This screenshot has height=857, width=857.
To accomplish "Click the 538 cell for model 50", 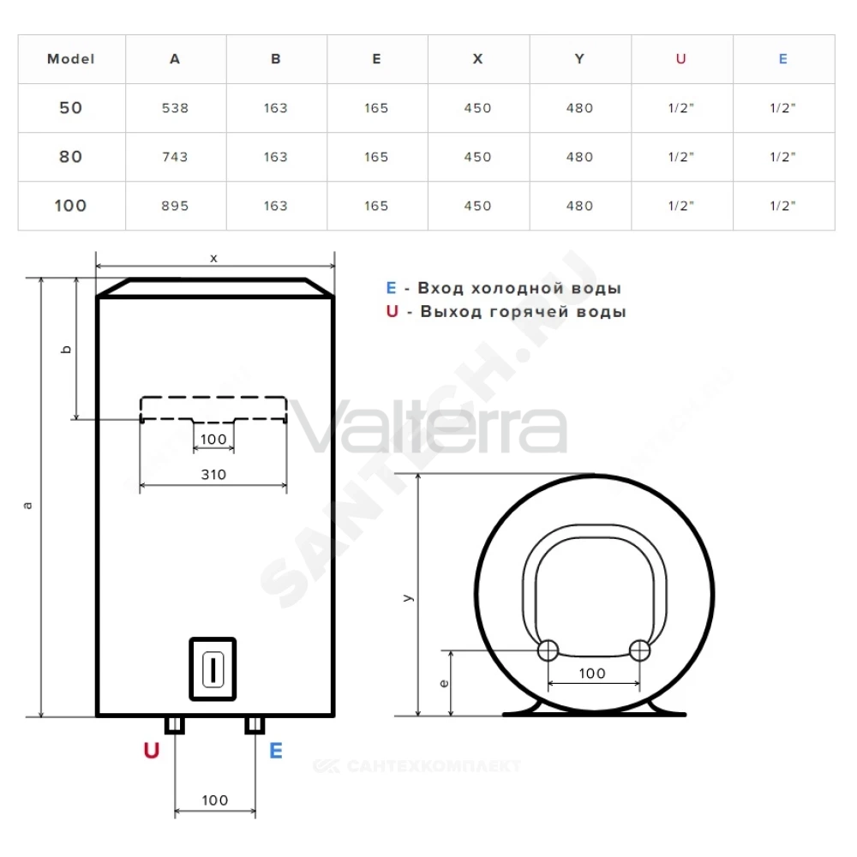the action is point(175,108).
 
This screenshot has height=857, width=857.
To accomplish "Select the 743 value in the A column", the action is point(175,158).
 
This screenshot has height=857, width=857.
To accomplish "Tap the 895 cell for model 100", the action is point(175,206).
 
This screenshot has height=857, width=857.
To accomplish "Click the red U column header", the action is point(680,59).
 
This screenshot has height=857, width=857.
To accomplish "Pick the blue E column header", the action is point(782,59).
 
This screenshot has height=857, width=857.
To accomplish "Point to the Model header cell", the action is point(71,59).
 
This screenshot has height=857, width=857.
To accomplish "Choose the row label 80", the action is point(71,158).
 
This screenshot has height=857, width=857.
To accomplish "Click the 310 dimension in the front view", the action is point(213,475).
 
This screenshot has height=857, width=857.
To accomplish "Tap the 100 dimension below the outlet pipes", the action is point(215,800).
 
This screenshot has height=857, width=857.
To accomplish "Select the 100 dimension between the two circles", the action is point(592,674).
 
